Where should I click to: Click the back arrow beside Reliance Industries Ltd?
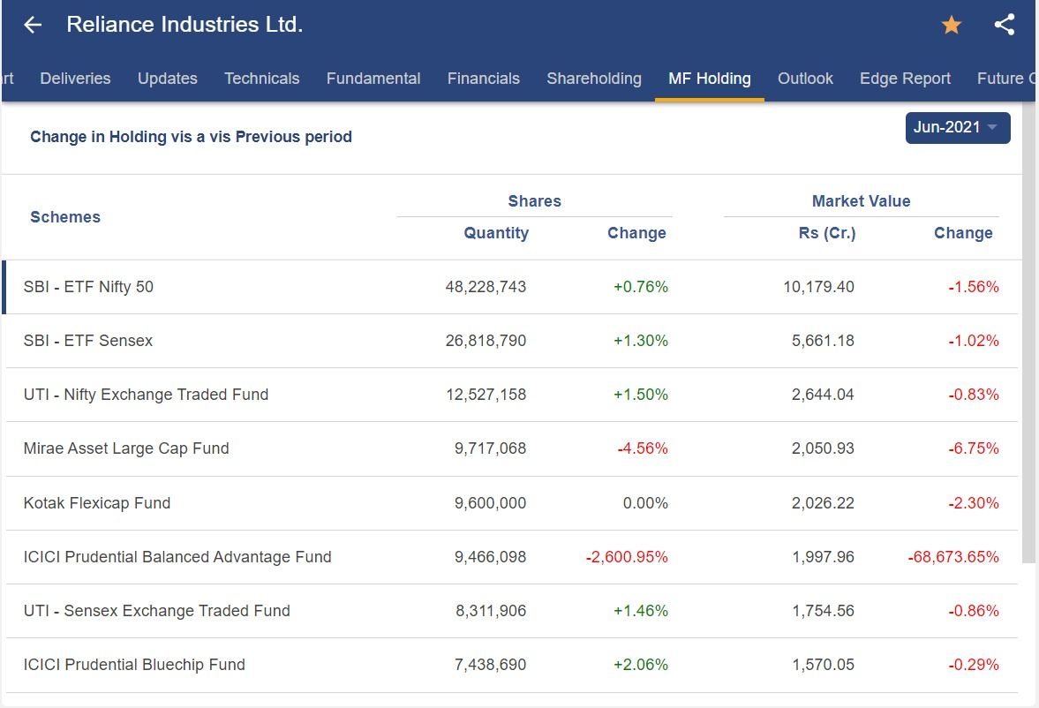33,25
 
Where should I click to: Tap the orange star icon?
951,25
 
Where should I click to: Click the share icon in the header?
1004,25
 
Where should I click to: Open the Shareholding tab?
594,79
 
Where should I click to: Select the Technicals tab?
261,79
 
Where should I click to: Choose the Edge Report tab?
905,79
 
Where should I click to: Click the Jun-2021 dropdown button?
957,127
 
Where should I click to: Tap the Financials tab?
483,79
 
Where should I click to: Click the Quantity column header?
496,233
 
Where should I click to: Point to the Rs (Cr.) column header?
827,233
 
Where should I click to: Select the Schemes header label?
65,217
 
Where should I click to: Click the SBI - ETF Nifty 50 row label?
88,287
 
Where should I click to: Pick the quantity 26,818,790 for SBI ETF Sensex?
486,341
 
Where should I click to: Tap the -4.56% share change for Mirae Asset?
643,448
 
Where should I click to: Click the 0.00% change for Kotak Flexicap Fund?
645,503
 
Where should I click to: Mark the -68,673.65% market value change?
953,557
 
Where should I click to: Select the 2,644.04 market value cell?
823,395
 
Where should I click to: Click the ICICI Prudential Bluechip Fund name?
134,665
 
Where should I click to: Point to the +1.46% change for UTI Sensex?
641,611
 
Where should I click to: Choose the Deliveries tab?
75,79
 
